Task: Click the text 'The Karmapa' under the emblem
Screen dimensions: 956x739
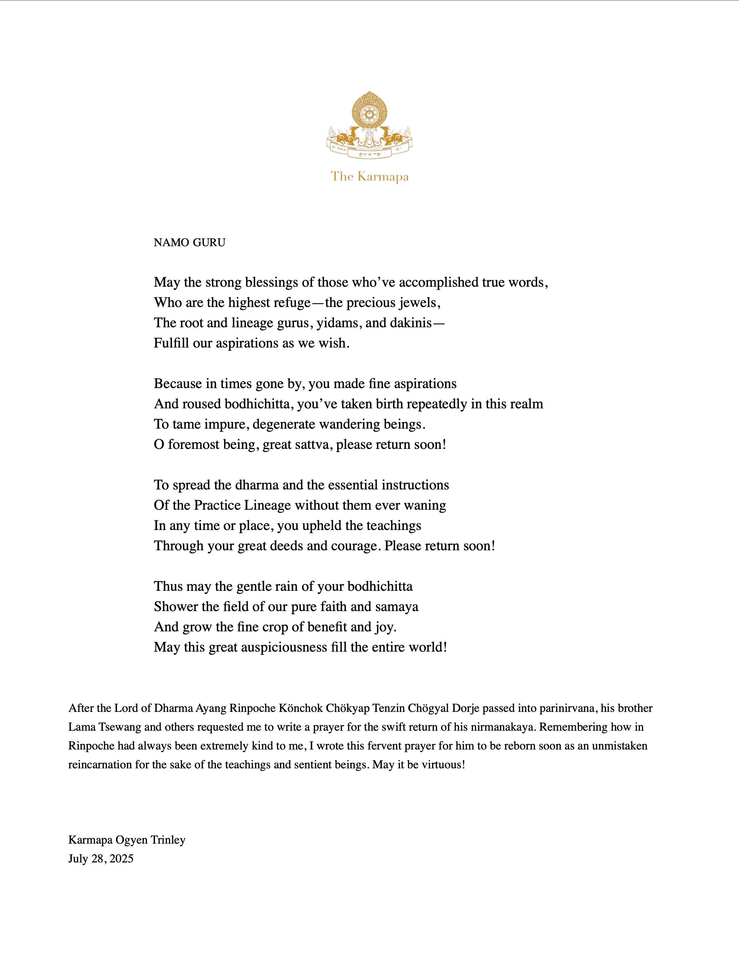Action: point(369,177)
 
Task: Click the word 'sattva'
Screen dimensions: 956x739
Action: point(314,445)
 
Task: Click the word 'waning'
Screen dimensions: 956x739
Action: point(425,506)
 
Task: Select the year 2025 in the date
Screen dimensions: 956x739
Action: point(121,858)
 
